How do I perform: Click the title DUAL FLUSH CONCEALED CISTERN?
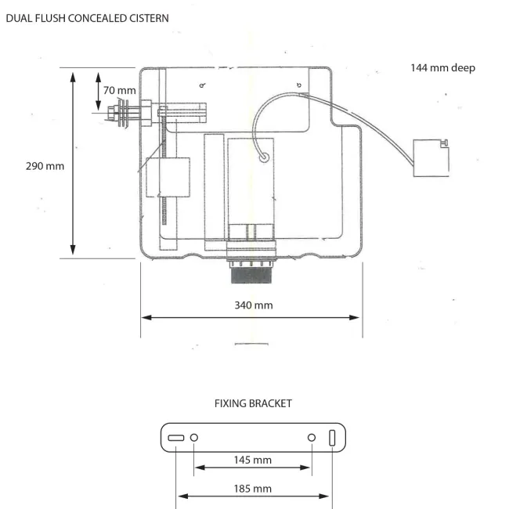(87, 16)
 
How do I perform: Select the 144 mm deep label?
(442, 68)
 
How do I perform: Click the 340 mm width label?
(254, 305)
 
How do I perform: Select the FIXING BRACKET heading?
(252, 403)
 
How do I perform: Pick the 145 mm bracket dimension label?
(253, 460)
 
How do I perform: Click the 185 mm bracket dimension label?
(253, 489)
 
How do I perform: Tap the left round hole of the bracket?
(195, 437)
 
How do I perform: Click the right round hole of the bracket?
(312, 437)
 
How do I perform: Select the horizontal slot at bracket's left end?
(175, 437)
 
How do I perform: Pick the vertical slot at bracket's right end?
(332, 437)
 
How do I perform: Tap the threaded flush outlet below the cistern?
(252, 273)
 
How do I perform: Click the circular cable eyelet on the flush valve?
(264, 158)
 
